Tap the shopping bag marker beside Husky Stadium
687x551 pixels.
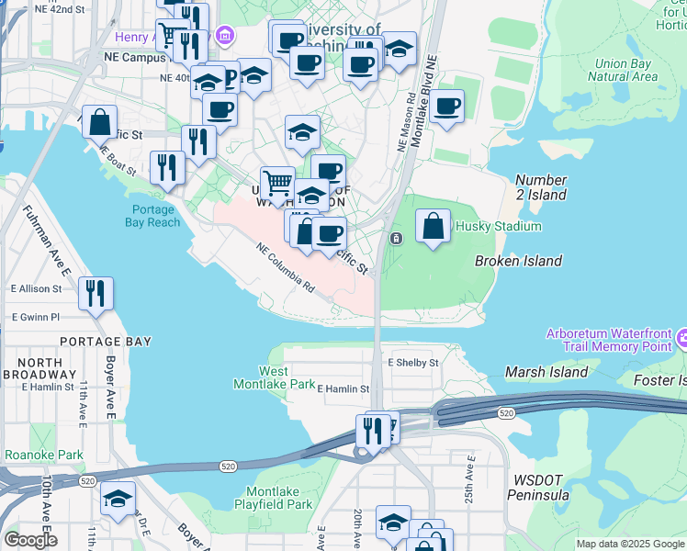coord(434,226)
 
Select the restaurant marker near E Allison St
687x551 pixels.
coord(96,293)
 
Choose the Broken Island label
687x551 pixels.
coord(518,262)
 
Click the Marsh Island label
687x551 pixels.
coord(546,372)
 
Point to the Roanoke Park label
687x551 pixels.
coord(44,455)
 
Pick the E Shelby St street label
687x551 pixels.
coord(412,363)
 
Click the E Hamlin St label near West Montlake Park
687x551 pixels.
coord(343,389)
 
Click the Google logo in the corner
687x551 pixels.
coord(29,540)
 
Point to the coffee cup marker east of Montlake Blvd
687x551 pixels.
coord(446,107)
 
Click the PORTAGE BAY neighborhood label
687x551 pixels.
coord(105,342)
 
